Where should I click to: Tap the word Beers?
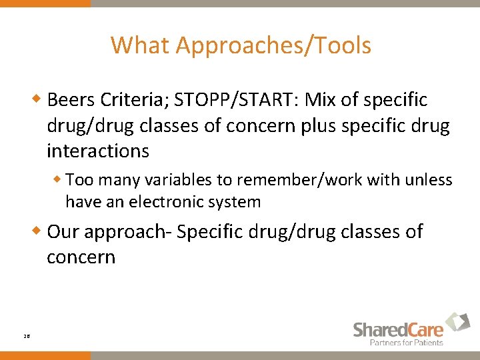pyautogui.click(x=71, y=100)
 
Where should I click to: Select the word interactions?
pyautogui.click(x=98, y=151)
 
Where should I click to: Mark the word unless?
pyautogui.click(x=431, y=180)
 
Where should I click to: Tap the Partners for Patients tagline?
pyautogui.click(x=407, y=342)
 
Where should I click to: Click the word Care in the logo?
pyautogui.click(x=421, y=329)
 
